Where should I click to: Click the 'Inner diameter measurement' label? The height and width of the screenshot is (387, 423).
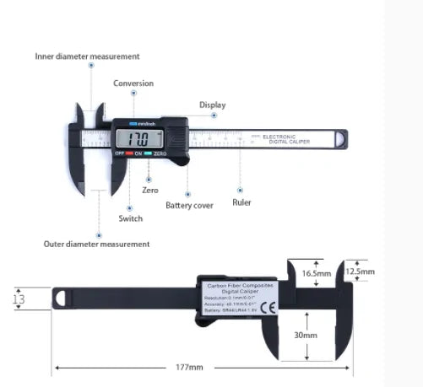(x=87, y=56)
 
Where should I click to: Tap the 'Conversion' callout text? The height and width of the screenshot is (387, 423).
(x=133, y=83)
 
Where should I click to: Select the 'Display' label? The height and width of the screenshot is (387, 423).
(x=212, y=105)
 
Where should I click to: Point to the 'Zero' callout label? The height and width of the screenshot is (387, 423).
(x=149, y=191)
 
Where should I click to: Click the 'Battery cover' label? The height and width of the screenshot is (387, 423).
(x=189, y=205)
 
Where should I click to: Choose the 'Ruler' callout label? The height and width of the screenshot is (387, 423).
(x=241, y=203)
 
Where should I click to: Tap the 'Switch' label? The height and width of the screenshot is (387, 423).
(x=130, y=218)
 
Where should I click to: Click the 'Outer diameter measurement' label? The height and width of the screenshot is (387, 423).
(x=96, y=244)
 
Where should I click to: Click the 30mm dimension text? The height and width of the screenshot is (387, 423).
(x=306, y=335)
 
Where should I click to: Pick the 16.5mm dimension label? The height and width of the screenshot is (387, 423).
(x=315, y=273)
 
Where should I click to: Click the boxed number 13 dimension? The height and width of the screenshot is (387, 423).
(x=19, y=298)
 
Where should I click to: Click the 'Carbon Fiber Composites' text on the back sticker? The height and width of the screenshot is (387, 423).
(x=240, y=287)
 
